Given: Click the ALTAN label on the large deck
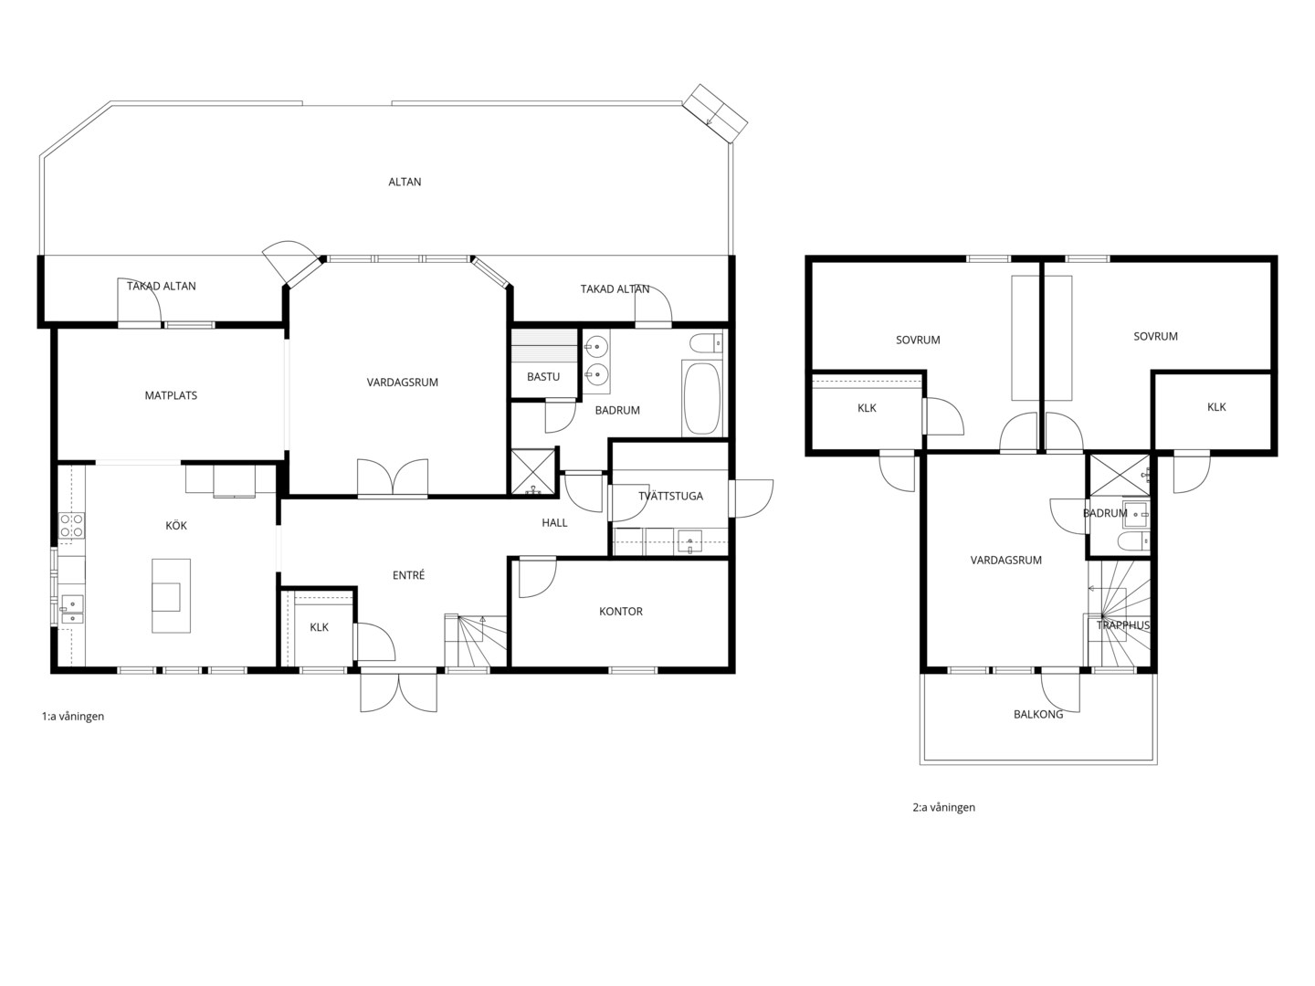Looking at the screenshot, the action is [x=405, y=182].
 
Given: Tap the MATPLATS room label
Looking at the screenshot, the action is [x=171, y=395].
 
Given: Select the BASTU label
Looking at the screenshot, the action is [x=543, y=377].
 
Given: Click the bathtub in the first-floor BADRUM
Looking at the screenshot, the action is [x=701, y=397].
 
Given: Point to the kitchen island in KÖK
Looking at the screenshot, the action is [x=172, y=595].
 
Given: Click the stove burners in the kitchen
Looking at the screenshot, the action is [x=71, y=526].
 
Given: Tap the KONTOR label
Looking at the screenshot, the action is [x=621, y=612].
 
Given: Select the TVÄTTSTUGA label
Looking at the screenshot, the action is [x=670, y=496].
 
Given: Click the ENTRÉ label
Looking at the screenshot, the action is [x=408, y=575].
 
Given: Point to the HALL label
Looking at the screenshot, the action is [x=554, y=523].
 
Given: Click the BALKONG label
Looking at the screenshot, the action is [x=1038, y=715].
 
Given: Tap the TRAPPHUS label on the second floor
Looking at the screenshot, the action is [x=1122, y=625].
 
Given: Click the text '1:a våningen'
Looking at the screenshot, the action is [x=72, y=717].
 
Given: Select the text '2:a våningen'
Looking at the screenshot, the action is [x=943, y=808].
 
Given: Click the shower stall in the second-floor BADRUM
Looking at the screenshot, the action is [x=1120, y=476].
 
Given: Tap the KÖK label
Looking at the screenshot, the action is [x=176, y=526].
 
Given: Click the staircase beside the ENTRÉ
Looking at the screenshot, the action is [x=475, y=640].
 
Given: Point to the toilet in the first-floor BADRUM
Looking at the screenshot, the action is [x=706, y=343].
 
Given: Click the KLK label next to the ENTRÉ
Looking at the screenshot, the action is [x=320, y=627].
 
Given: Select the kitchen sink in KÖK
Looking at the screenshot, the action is [x=72, y=609].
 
